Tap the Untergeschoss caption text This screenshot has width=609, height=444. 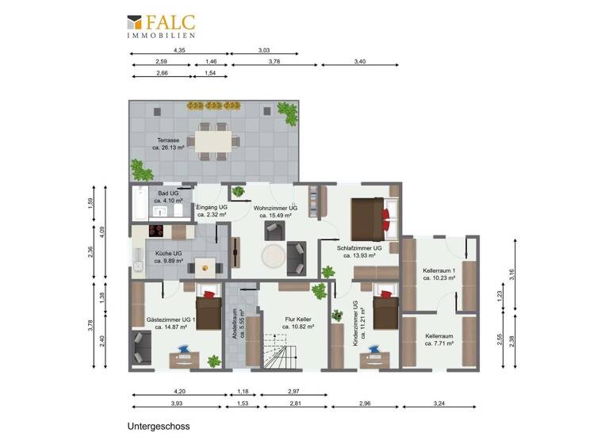coord(158,426)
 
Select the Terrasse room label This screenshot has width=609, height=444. coord(169,141)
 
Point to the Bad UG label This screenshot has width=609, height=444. coord(168,193)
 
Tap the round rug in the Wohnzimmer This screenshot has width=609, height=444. coord(274,255)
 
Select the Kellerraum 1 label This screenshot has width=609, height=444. coord(439,271)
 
